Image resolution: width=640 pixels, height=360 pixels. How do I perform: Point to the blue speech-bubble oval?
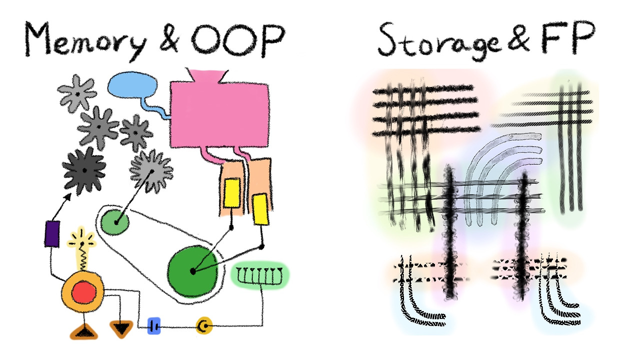point(132,86)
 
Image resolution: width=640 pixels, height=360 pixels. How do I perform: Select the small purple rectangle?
point(52,233)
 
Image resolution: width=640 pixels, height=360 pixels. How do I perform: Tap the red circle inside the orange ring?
point(83,293)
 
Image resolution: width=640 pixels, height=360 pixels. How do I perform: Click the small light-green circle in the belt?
point(115,222)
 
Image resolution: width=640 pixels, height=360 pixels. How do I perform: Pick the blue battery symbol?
point(154,326)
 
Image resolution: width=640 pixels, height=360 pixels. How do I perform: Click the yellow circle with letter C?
point(204,326)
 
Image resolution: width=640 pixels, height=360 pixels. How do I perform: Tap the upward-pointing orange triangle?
point(83,331)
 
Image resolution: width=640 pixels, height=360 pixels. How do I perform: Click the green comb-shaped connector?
point(260,274)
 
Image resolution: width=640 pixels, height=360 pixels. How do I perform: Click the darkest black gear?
point(84,170)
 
